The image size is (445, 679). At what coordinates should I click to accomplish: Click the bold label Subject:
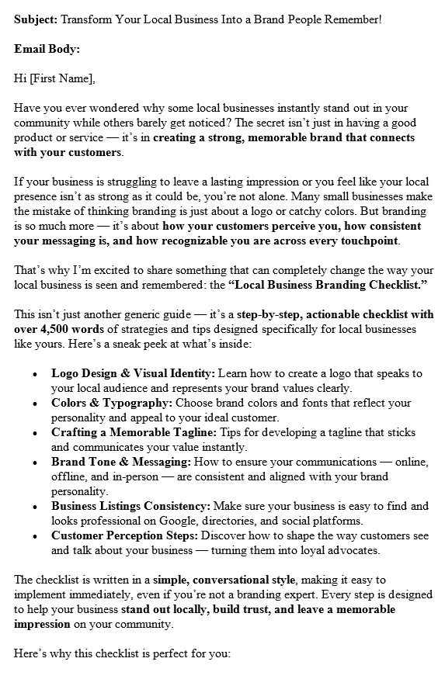pos(36,19)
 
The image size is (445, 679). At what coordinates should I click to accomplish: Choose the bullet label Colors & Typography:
pos(112,403)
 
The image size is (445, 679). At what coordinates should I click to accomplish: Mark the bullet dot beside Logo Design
pos(35,374)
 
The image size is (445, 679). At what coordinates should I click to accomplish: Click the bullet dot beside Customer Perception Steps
pos(35,536)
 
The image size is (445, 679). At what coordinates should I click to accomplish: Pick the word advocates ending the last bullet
pos(346,550)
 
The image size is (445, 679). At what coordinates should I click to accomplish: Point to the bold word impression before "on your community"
pos(42,624)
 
